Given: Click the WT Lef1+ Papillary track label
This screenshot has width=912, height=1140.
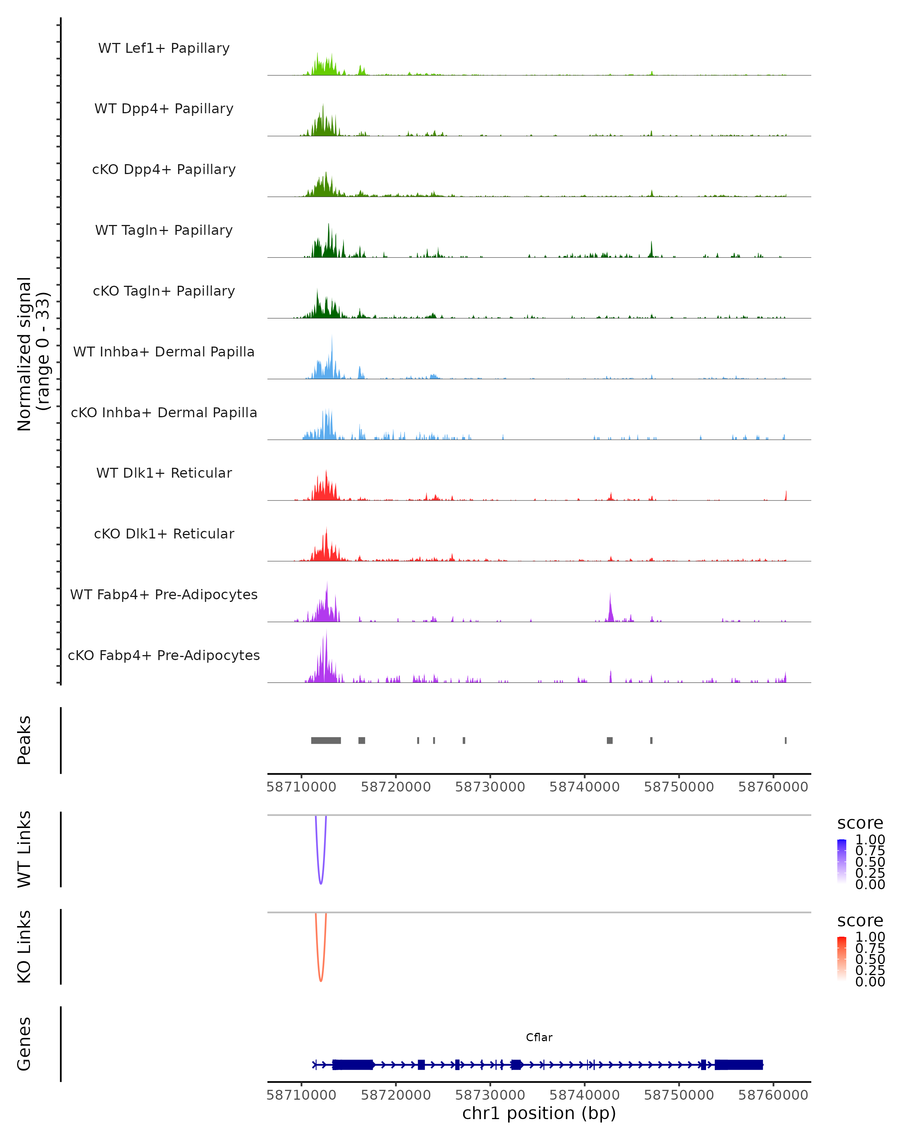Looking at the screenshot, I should [164, 48].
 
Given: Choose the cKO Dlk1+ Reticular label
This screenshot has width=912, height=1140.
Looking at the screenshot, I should [164, 534].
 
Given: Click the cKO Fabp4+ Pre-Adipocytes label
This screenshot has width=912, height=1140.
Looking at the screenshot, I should [164, 655].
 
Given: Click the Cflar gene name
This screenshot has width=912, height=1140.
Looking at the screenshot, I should [539, 1037].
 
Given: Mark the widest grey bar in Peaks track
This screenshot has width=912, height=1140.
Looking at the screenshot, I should [326, 740].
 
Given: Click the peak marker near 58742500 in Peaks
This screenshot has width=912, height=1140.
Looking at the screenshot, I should [610, 740].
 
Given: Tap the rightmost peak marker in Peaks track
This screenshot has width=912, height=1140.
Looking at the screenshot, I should [785, 740].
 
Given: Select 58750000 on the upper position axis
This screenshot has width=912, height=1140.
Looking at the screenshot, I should [679, 787].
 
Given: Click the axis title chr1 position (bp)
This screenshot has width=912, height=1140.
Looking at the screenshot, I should [539, 1113].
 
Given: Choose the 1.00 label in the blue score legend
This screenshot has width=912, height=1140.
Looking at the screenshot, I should [870, 840].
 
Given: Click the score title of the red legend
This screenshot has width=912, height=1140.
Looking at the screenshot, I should [860, 921].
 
